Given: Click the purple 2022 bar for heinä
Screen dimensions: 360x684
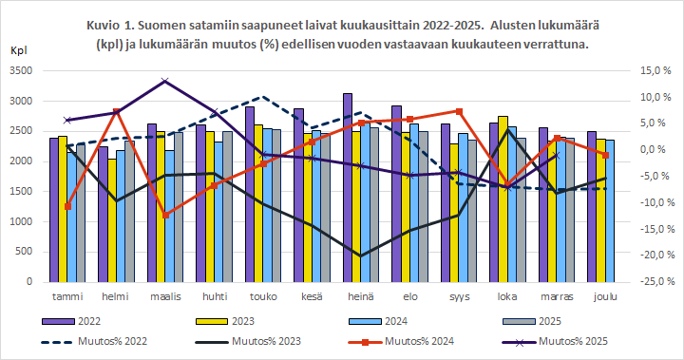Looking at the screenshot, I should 348,190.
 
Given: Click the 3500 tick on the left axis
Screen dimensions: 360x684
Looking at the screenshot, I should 20,71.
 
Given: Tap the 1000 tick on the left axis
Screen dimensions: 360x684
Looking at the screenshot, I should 20,221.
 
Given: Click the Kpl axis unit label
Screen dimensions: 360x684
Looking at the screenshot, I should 19,49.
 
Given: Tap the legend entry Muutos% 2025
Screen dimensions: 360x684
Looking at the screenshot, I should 581,340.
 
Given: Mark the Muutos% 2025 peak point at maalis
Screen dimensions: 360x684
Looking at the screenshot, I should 165,81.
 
